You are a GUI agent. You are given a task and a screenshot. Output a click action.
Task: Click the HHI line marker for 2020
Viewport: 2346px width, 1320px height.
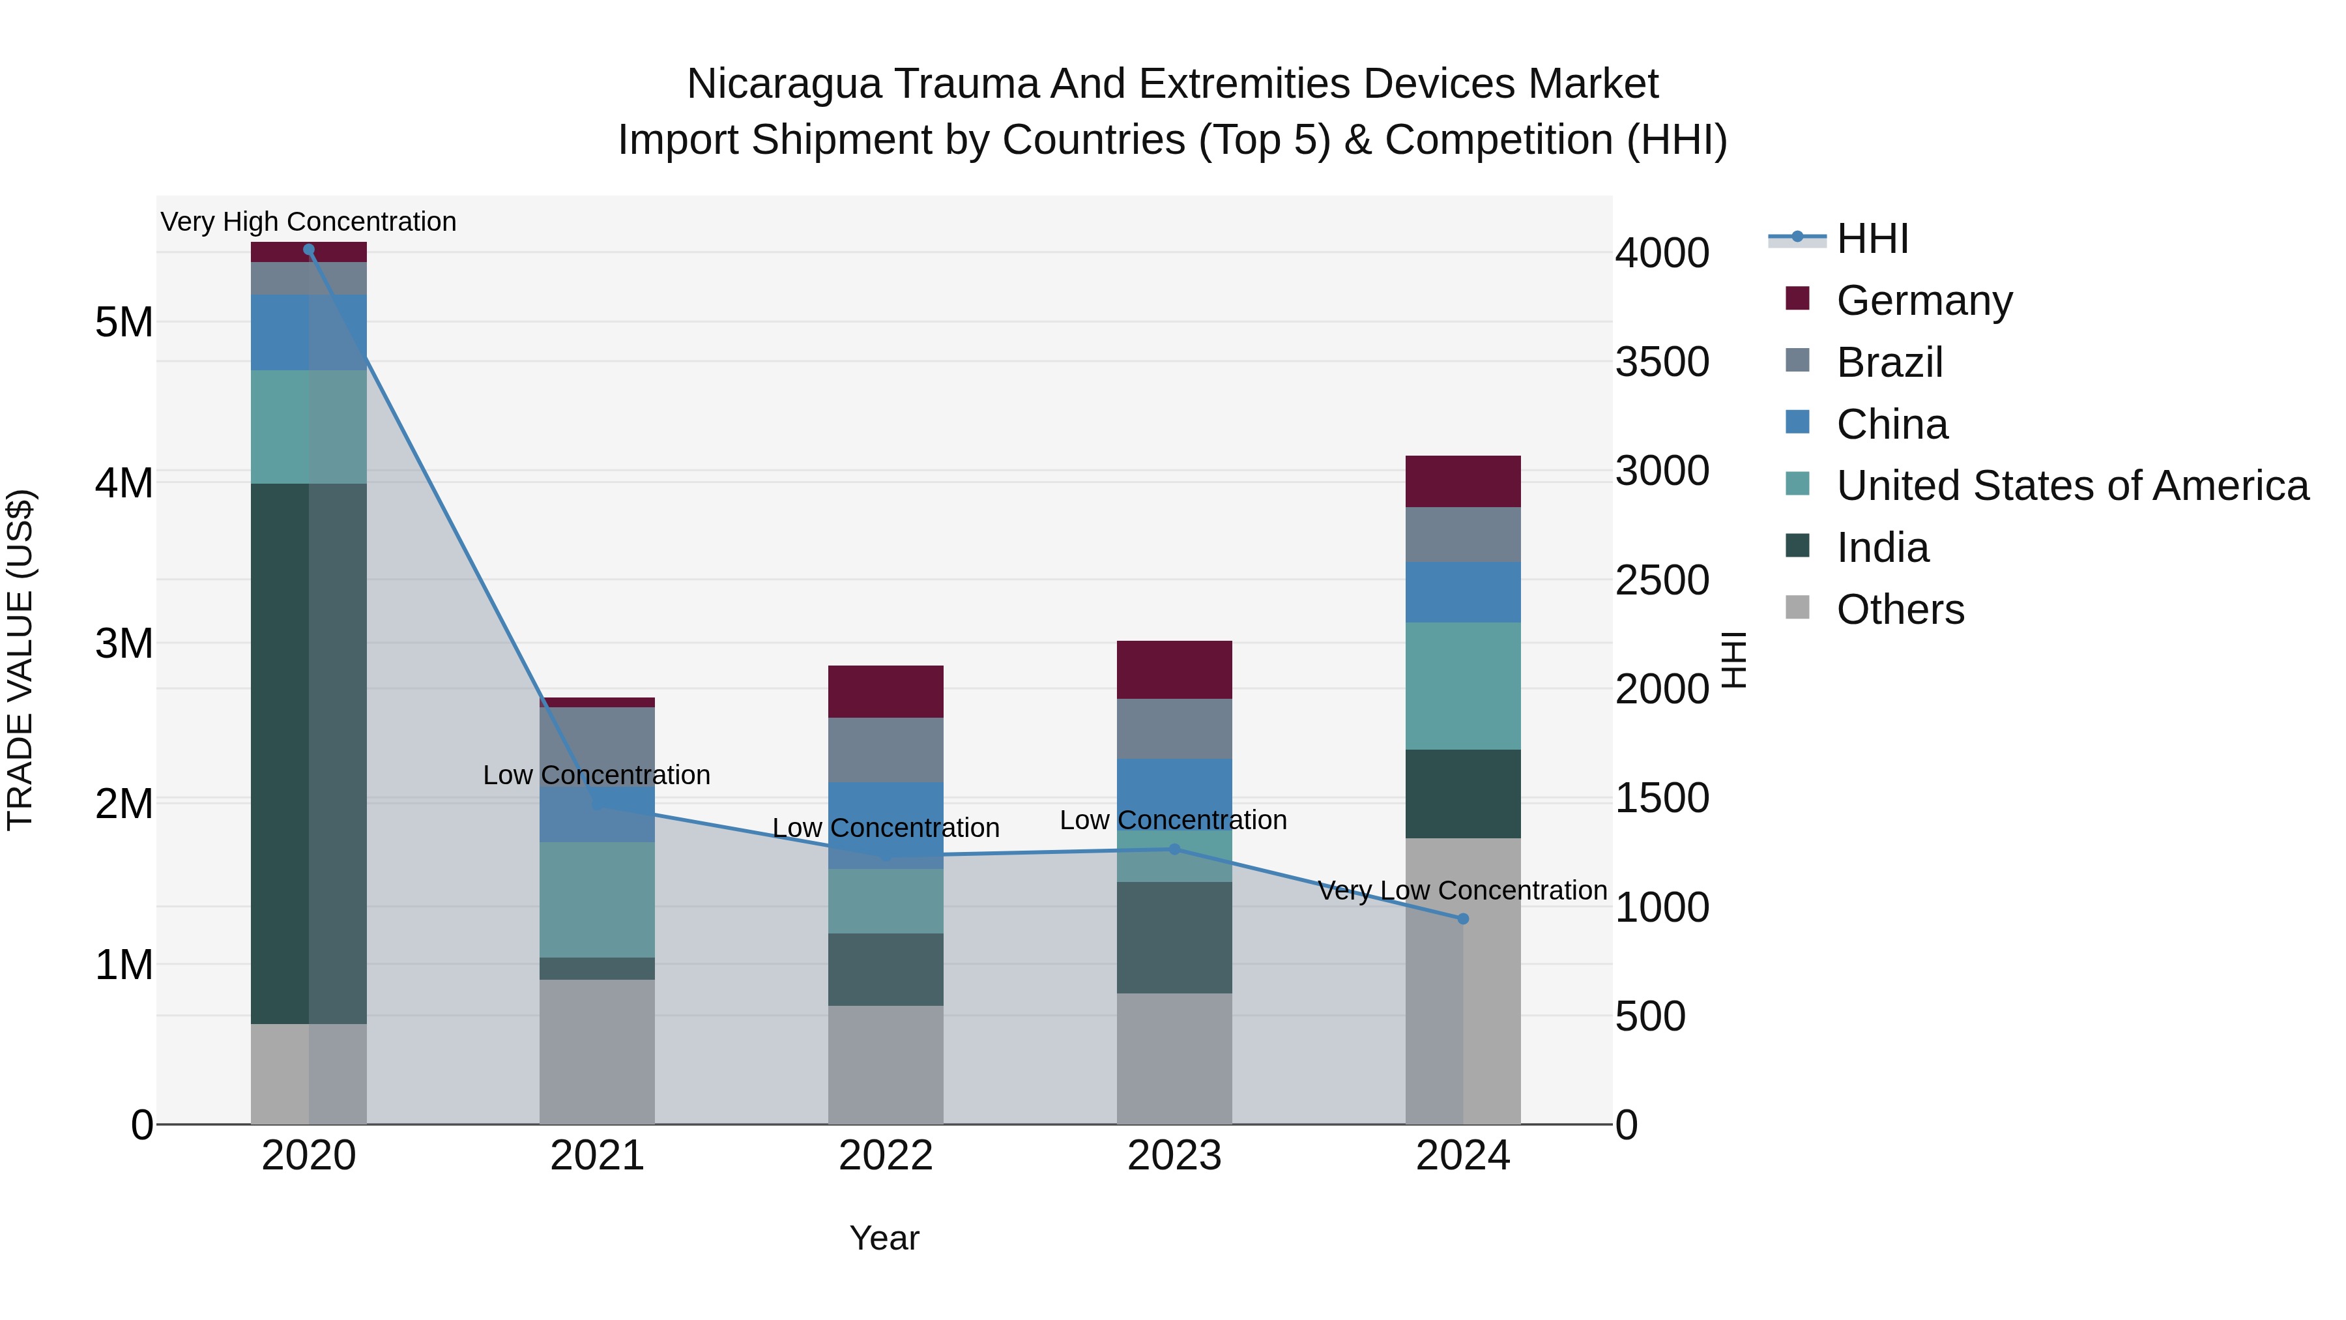point(309,250)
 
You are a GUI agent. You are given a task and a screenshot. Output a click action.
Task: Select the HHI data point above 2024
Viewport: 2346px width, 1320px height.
point(1462,919)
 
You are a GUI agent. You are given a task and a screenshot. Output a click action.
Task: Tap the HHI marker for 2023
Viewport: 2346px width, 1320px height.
point(1174,849)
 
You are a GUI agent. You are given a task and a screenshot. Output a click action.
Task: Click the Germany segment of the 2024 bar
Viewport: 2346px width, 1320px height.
point(1462,481)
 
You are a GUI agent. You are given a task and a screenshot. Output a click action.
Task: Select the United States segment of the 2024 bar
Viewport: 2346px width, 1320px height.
point(1462,686)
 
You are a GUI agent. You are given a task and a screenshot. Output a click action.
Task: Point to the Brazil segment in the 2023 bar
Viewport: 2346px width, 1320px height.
point(1174,729)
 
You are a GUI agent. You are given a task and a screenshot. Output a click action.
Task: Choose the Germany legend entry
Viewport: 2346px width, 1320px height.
point(1924,301)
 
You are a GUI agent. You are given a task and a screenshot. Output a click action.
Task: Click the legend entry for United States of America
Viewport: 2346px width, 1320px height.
point(2072,486)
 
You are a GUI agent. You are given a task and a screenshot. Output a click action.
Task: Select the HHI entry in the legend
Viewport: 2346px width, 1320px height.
point(1872,239)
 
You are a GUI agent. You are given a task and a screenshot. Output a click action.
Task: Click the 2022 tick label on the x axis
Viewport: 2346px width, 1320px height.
point(885,1156)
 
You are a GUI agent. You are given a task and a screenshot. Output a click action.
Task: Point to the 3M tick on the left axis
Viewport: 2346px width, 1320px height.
point(124,643)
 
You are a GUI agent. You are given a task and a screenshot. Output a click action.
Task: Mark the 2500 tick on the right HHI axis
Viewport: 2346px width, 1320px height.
point(1662,580)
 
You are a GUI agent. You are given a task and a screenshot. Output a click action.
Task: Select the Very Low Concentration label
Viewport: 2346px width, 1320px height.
point(1462,890)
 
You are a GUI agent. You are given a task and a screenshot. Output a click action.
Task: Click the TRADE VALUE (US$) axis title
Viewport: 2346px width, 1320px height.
point(20,660)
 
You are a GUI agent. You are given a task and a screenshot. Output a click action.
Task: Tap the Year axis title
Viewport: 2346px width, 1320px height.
point(884,1238)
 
